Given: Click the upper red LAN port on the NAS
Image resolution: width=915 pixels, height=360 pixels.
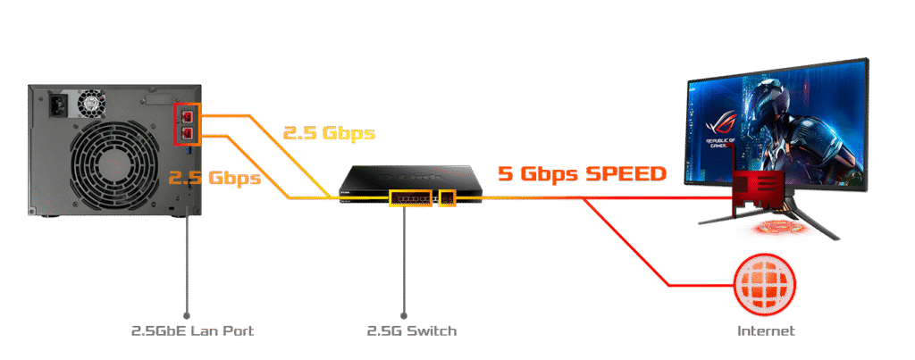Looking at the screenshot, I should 188,115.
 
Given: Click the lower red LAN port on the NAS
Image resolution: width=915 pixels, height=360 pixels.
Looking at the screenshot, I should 188,134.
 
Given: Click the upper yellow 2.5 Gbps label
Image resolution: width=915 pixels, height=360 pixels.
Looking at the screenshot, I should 330,134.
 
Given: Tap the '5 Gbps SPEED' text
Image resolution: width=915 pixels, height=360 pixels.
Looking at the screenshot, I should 582,173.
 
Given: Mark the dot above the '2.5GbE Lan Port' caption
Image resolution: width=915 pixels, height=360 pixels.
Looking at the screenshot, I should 187,314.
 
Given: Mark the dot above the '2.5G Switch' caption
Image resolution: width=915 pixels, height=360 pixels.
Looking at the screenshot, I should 404,314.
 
